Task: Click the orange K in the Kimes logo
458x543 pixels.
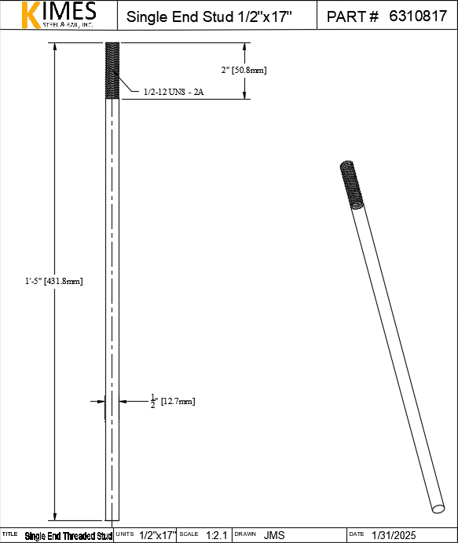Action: [x=30, y=15]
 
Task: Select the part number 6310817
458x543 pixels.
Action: [x=418, y=16]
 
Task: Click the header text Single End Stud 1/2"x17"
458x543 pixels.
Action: [x=209, y=16]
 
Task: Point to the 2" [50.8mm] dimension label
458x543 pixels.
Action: [x=244, y=70]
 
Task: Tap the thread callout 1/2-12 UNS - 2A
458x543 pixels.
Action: [x=174, y=92]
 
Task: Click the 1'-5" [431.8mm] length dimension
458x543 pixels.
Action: [x=53, y=281]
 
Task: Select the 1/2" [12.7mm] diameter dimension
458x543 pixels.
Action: [x=173, y=401]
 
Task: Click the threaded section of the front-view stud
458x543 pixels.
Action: [x=112, y=71]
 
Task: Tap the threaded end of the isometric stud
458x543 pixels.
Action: [x=352, y=185]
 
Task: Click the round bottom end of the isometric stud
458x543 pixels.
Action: [x=438, y=508]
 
